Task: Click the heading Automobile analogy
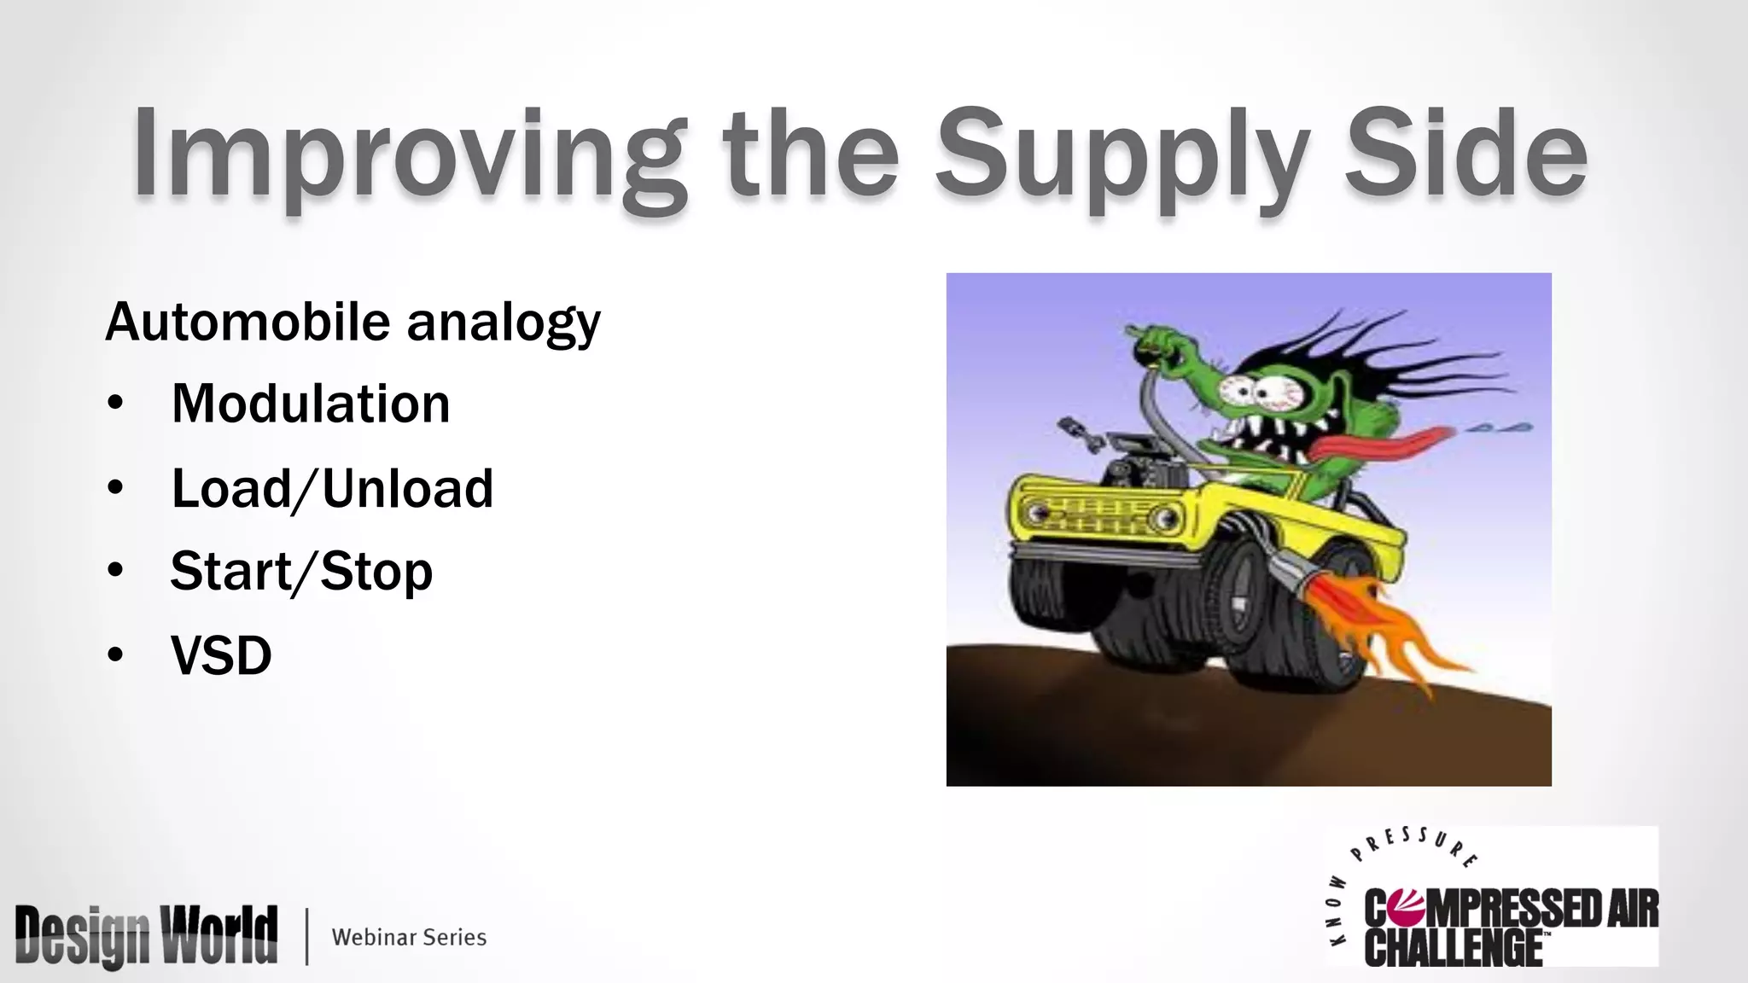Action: (353, 323)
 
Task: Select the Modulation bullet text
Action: (310, 404)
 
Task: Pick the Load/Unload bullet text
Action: (332, 488)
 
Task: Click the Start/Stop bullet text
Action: (301, 571)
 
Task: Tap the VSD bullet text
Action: (221, 655)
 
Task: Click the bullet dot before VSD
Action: (116, 655)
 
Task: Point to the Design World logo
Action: (146, 936)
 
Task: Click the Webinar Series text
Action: (409, 937)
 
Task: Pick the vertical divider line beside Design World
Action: (306, 937)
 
